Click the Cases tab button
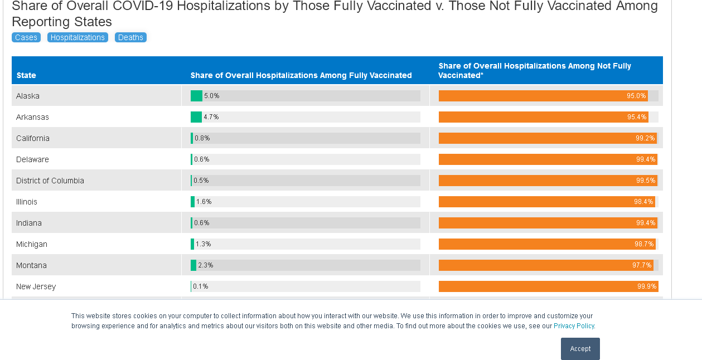pos(26,37)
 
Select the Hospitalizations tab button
pos(78,37)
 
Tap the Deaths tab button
pos(130,37)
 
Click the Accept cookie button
pos(580,349)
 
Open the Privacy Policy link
pos(574,326)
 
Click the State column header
pos(26,75)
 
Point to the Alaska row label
pos(28,96)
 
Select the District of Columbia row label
pos(50,181)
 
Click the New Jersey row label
pos(36,286)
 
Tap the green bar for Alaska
pos(196,96)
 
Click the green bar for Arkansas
pos(196,117)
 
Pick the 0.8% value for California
pos(202,138)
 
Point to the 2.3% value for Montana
pos(206,265)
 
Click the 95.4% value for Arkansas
pos(637,117)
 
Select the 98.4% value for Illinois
pos(643,202)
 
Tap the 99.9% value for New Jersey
pos(647,286)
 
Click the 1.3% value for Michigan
pos(204,244)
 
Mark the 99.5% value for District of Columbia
pos(646,181)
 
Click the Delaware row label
pos(32,159)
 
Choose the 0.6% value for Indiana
pos(202,223)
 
